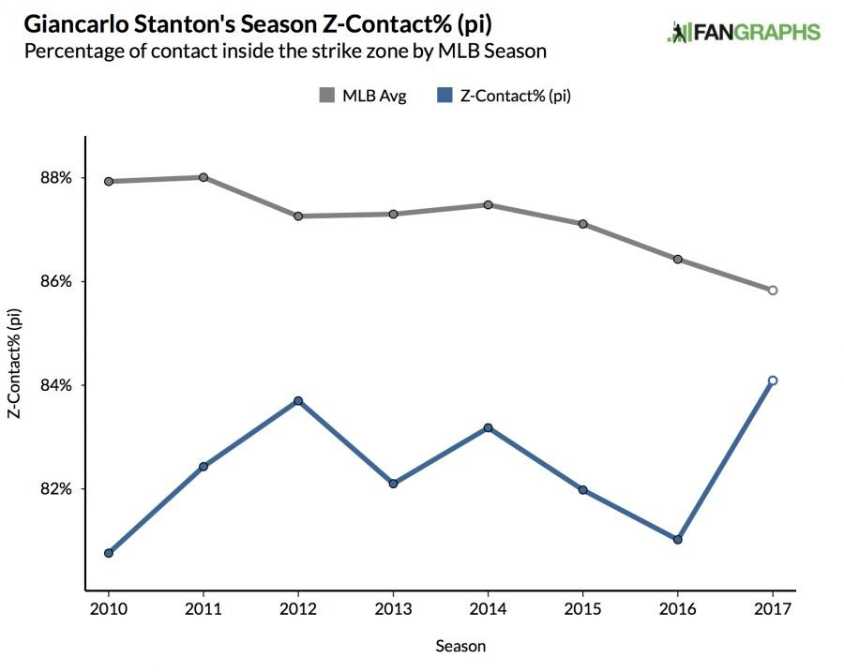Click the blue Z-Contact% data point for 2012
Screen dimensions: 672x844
[x=298, y=401]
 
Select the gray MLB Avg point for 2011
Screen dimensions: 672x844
[x=203, y=177]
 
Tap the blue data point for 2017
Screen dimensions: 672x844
[x=773, y=381]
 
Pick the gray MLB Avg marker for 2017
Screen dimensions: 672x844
[x=773, y=291]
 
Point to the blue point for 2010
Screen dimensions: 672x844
[x=109, y=553]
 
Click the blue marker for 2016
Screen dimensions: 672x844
[x=677, y=540]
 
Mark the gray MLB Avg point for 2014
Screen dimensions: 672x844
[x=489, y=204]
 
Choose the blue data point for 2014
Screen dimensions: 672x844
[x=489, y=427]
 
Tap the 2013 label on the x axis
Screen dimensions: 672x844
[x=393, y=609]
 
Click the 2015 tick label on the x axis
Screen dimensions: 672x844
[x=583, y=609]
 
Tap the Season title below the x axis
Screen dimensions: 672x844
[x=460, y=646]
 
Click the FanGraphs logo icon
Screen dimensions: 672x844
[x=677, y=32]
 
